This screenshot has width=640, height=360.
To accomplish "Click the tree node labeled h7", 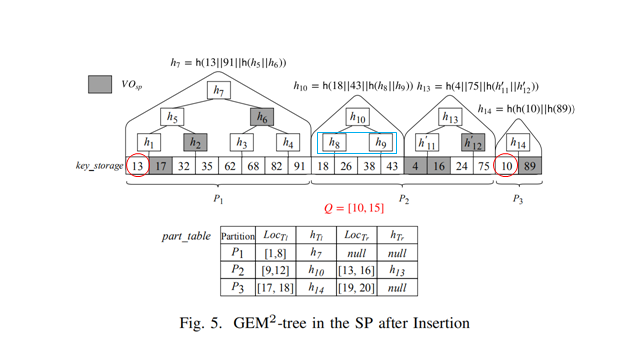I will pyautogui.click(x=219, y=91).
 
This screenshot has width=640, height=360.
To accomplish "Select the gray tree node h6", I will pyautogui.click(x=262, y=117).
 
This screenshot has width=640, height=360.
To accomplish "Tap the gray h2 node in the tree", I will pyautogui.click(x=195, y=143).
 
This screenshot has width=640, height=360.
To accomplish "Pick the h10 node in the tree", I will pyautogui.click(x=358, y=117).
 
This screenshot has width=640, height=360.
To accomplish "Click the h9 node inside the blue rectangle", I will pyautogui.click(x=381, y=143).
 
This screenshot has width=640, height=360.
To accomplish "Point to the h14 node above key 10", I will pyautogui.click(x=518, y=144).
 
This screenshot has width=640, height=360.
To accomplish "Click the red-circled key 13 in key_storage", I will pyautogui.click(x=138, y=166).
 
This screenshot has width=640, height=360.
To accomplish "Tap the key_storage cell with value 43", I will pyautogui.click(x=392, y=166).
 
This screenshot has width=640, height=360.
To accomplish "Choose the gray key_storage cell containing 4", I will pyautogui.click(x=415, y=166).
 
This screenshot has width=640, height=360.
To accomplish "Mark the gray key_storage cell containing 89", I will pyautogui.click(x=530, y=166).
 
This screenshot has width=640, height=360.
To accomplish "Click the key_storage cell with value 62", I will pyautogui.click(x=230, y=166).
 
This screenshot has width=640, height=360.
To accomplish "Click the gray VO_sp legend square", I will pyautogui.click(x=99, y=84).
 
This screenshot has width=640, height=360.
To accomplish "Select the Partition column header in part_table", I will pyautogui.click(x=238, y=236).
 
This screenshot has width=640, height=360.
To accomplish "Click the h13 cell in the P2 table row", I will pyautogui.click(x=397, y=270).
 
